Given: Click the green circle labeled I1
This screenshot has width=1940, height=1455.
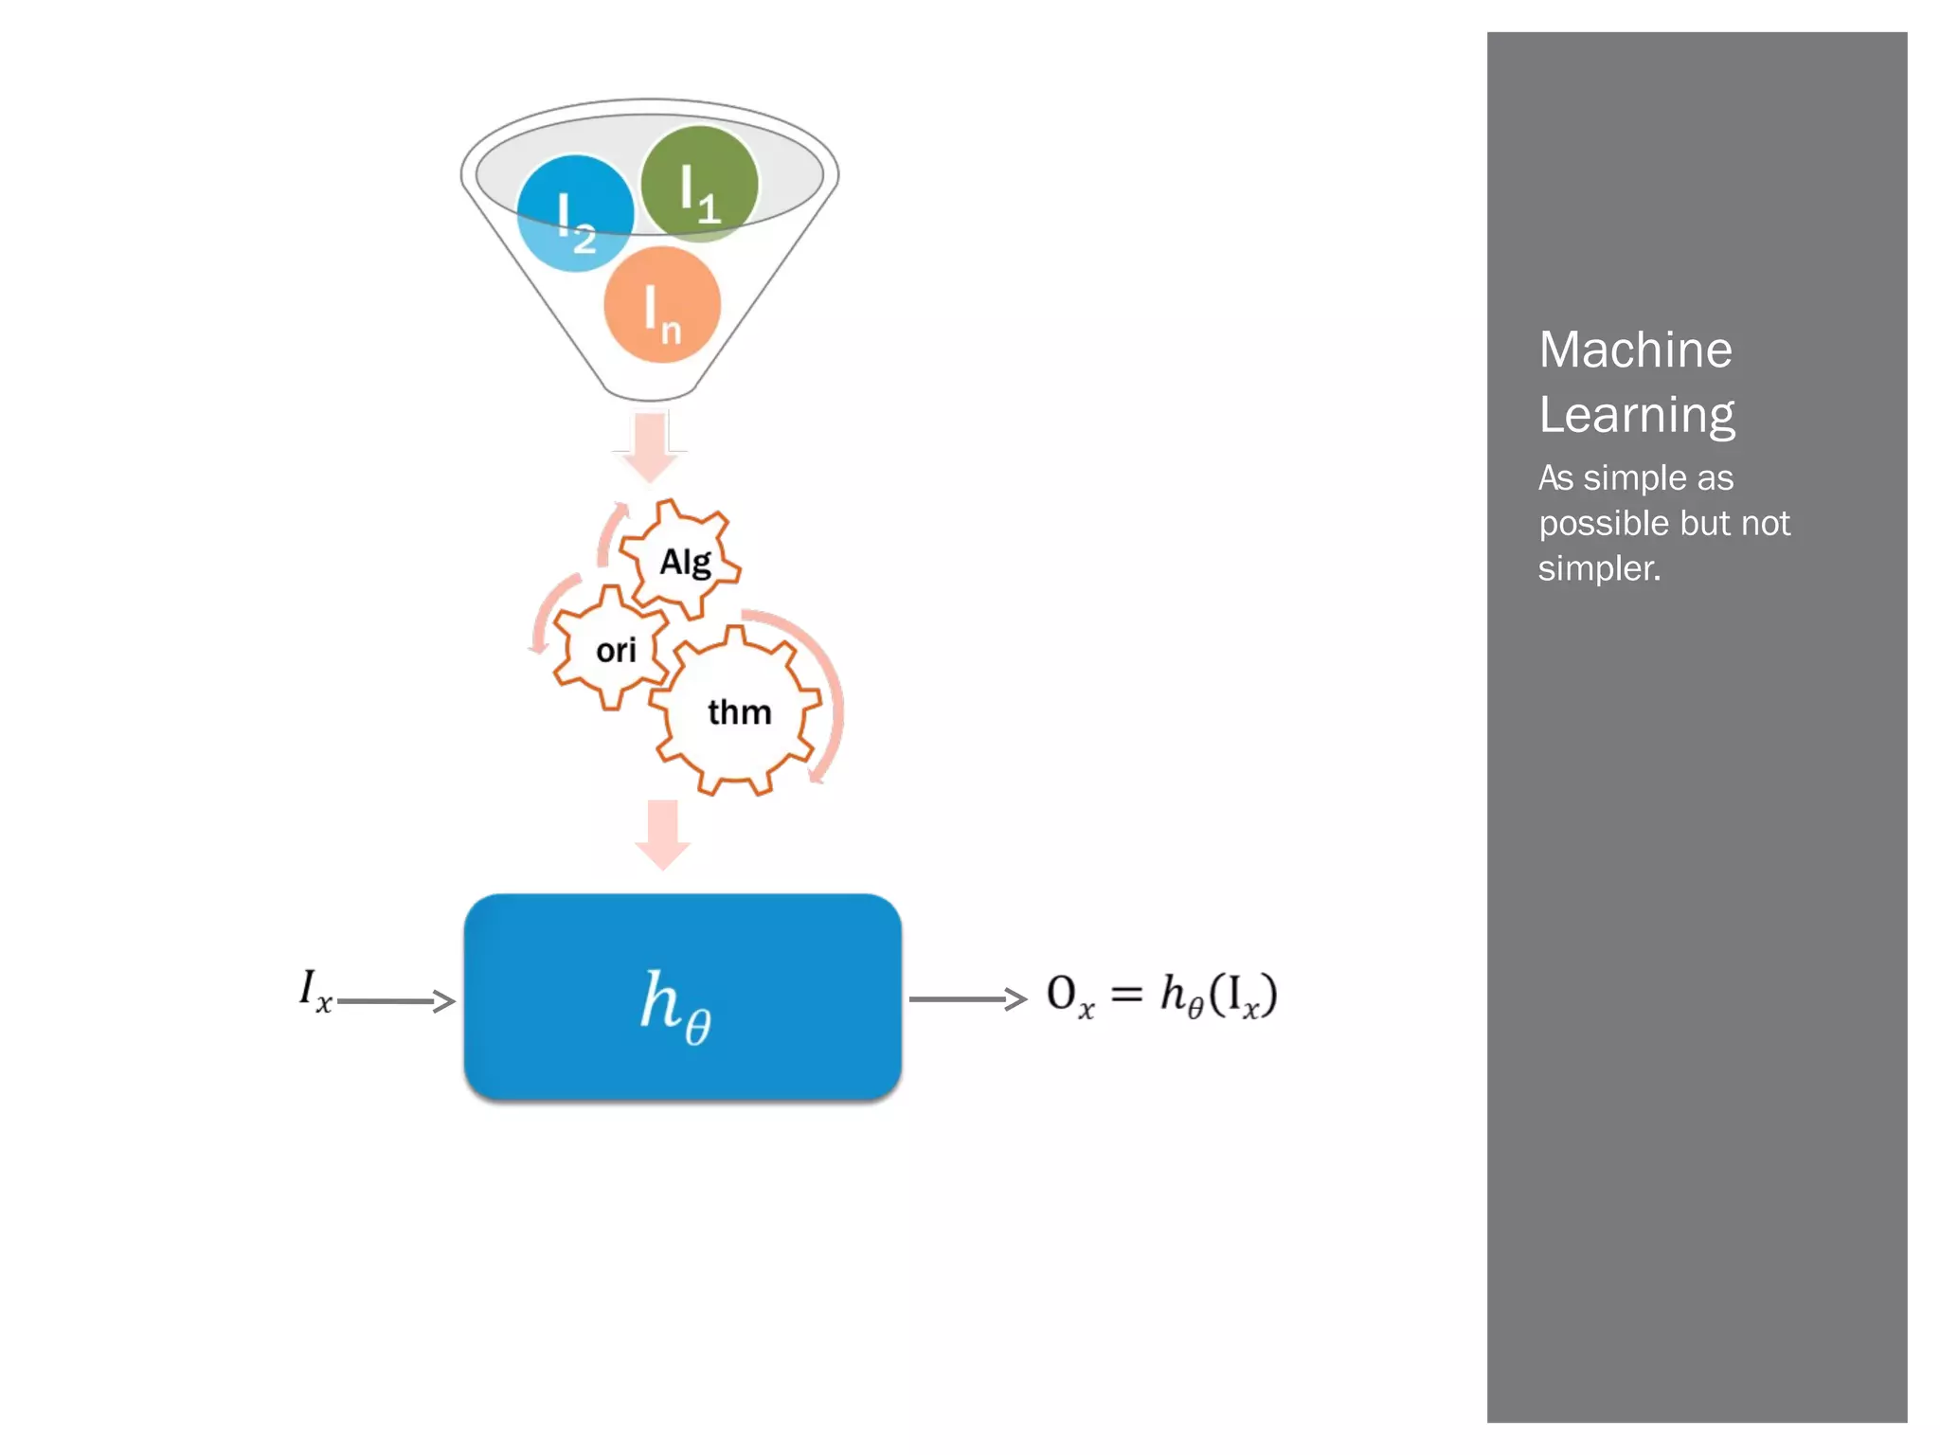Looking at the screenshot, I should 699,184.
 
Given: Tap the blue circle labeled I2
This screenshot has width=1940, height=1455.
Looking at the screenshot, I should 575,214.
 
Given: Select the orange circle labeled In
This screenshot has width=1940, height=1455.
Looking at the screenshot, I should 662,305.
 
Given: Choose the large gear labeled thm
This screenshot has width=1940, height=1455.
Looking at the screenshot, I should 738,711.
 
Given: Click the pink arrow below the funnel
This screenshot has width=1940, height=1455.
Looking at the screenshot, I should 650,446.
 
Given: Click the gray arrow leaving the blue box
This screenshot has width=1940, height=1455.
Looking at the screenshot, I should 967,999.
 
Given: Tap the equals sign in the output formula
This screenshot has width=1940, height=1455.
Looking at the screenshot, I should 1126,995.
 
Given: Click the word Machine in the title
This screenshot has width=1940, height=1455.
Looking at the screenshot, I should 1635,350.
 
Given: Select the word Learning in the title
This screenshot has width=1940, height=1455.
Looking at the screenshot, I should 1636,415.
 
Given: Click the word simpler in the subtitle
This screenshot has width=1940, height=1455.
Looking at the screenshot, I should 1599,568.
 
